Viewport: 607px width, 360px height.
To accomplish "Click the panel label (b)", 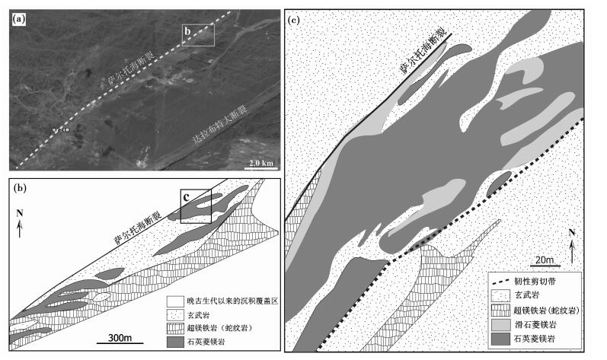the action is coord(18,184).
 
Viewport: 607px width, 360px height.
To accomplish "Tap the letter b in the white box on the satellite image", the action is coord(188,30).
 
